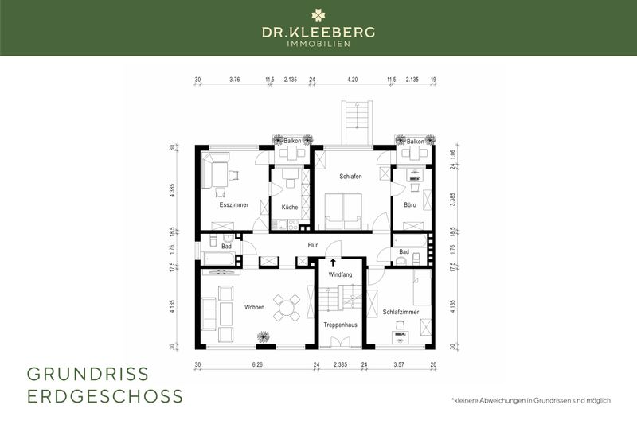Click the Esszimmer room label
coord(234,204)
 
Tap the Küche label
coord(289,208)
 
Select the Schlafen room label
coord(351,176)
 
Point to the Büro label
coord(410,204)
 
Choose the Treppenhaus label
coord(338,325)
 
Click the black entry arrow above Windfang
coord(333,263)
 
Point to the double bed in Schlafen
coord(344,212)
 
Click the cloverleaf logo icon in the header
coord(318,14)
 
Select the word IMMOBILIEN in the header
coord(318,43)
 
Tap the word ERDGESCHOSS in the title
coord(105,395)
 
